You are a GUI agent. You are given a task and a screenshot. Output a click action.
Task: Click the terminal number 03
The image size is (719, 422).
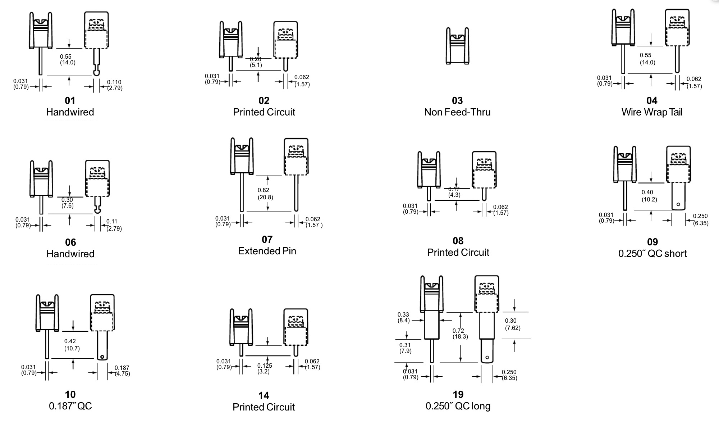(x=457, y=100)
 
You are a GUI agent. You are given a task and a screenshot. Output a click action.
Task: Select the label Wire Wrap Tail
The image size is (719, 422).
(x=652, y=112)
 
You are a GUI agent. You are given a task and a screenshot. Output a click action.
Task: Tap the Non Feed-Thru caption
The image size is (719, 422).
(x=457, y=112)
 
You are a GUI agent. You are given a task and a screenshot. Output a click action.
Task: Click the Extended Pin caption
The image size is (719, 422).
(x=267, y=251)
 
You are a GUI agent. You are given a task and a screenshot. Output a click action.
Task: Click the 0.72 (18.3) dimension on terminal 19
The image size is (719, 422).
(x=460, y=333)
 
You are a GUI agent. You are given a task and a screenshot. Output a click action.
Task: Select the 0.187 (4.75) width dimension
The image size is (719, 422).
(x=122, y=371)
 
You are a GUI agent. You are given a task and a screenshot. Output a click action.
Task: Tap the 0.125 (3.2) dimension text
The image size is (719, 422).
(x=264, y=368)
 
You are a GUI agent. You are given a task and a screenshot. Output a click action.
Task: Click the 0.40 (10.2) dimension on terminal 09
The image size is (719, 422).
(x=649, y=196)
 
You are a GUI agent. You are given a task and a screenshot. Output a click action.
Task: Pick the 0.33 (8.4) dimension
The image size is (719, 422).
(x=403, y=317)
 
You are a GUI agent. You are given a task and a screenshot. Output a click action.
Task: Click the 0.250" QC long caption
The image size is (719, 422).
(x=458, y=406)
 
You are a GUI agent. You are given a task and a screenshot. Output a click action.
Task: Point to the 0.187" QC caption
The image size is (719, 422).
(x=70, y=406)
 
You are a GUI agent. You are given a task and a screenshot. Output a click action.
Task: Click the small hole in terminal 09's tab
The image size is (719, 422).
(x=678, y=205)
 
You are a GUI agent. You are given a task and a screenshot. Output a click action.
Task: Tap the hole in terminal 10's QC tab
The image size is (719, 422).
(x=102, y=357)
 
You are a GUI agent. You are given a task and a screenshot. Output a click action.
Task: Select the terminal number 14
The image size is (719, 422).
(x=264, y=395)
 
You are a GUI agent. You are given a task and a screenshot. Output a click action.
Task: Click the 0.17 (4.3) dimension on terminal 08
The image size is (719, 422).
(x=454, y=192)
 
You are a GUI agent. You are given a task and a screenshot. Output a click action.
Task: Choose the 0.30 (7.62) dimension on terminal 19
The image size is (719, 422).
(x=512, y=324)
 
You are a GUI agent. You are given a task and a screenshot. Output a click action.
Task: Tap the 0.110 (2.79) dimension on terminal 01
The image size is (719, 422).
(x=115, y=85)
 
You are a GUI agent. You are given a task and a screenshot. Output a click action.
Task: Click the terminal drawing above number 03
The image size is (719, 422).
(x=457, y=46)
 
